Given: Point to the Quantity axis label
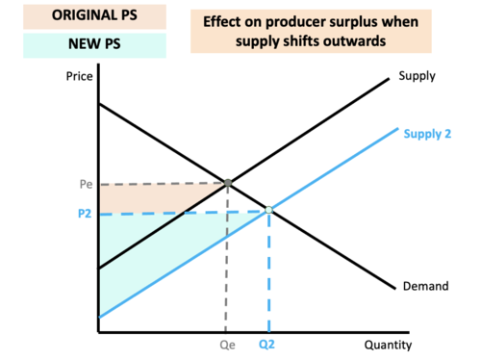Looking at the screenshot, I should click(x=389, y=344).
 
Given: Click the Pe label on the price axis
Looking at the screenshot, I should click(x=83, y=183).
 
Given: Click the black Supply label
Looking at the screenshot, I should click(x=418, y=75).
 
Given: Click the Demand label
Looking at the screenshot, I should click(x=422, y=286).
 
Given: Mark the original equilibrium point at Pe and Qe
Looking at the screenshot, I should click(x=227, y=182).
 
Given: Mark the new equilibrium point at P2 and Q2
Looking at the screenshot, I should click(x=268, y=210).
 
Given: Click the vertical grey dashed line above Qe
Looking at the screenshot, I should click(x=227, y=260).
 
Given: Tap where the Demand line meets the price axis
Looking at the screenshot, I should click(x=98, y=102).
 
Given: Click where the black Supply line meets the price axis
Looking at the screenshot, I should click(x=98, y=268).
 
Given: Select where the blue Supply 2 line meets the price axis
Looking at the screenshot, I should click(x=98, y=316).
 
